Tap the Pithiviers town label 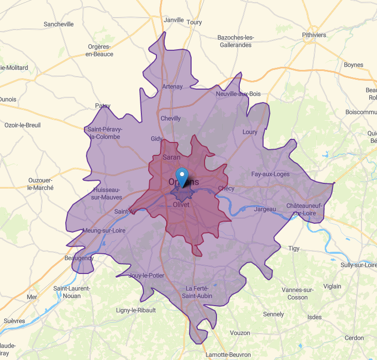pyautogui.click(x=314, y=35)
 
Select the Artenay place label pyautogui.click(x=172, y=87)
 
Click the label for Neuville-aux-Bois pyautogui.click(x=238, y=94)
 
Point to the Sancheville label pyautogui.click(x=59, y=24)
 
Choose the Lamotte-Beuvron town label pyautogui.click(x=228, y=355)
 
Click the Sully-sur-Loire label pyautogui.click(x=358, y=265)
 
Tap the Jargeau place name pyautogui.click(x=265, y=209)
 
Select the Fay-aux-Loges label pyautogui.click(x=270, y=174)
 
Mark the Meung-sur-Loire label pyautogui.click(x=104, y=231)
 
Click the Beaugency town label pyautogui.click(x=79, y=258)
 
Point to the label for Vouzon pyautogui.click(x=240, y=333)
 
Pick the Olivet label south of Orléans pyautogui.click(x=181, y=205)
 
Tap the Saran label pyautogui.click(x=171, y=157)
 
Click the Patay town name pyautogui.click(x=103, y=106)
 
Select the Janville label pyautogui.click(x=173, y=20)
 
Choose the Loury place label pyautogui.click(x=250, y=132)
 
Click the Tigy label pyautogui.click(x=294, y=249)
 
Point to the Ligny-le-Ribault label pyautogui.click(x=136, y=310)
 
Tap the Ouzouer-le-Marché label pyautogui.click(x=40, y=184)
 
